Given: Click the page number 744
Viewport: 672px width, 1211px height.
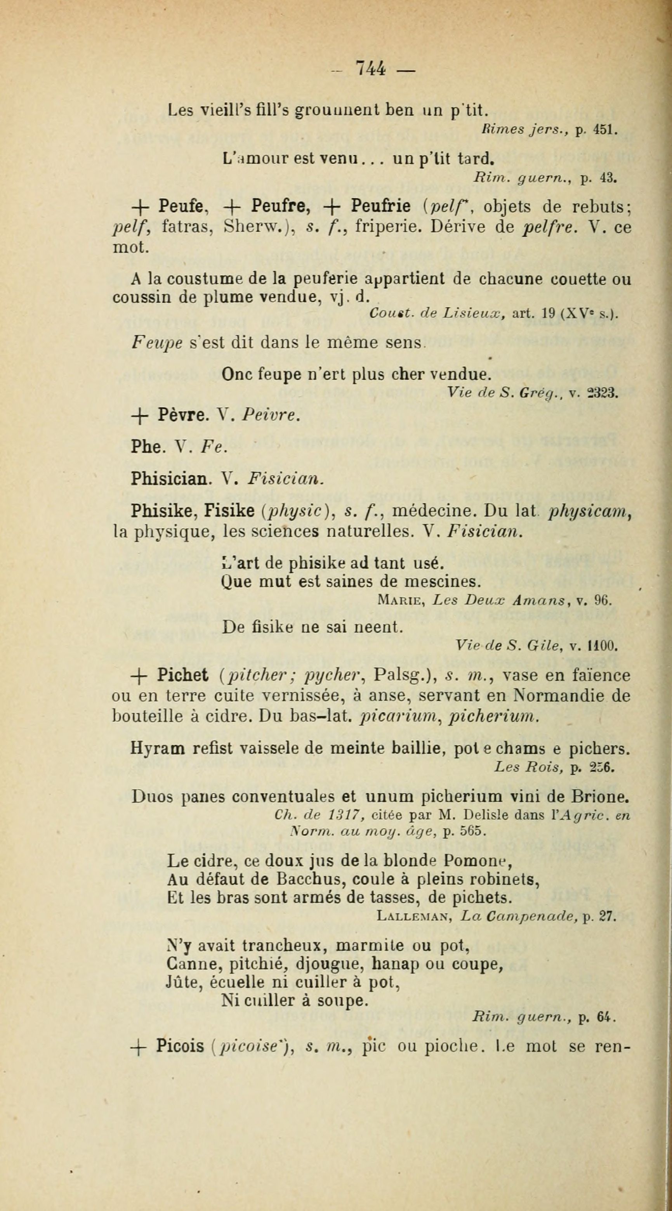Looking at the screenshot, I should [x=371, y=69].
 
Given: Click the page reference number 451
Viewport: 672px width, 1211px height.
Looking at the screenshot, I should [x=603, y=129].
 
